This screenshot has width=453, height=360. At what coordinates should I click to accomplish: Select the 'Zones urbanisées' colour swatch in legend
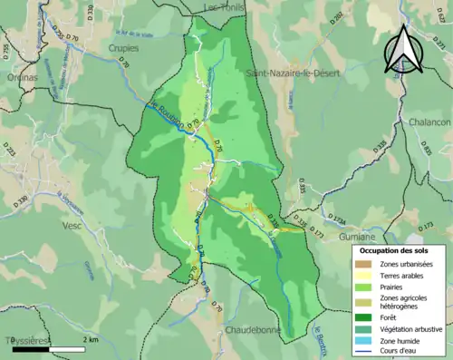pos(364,264)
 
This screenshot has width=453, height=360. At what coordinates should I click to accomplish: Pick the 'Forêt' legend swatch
pos(364,316)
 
